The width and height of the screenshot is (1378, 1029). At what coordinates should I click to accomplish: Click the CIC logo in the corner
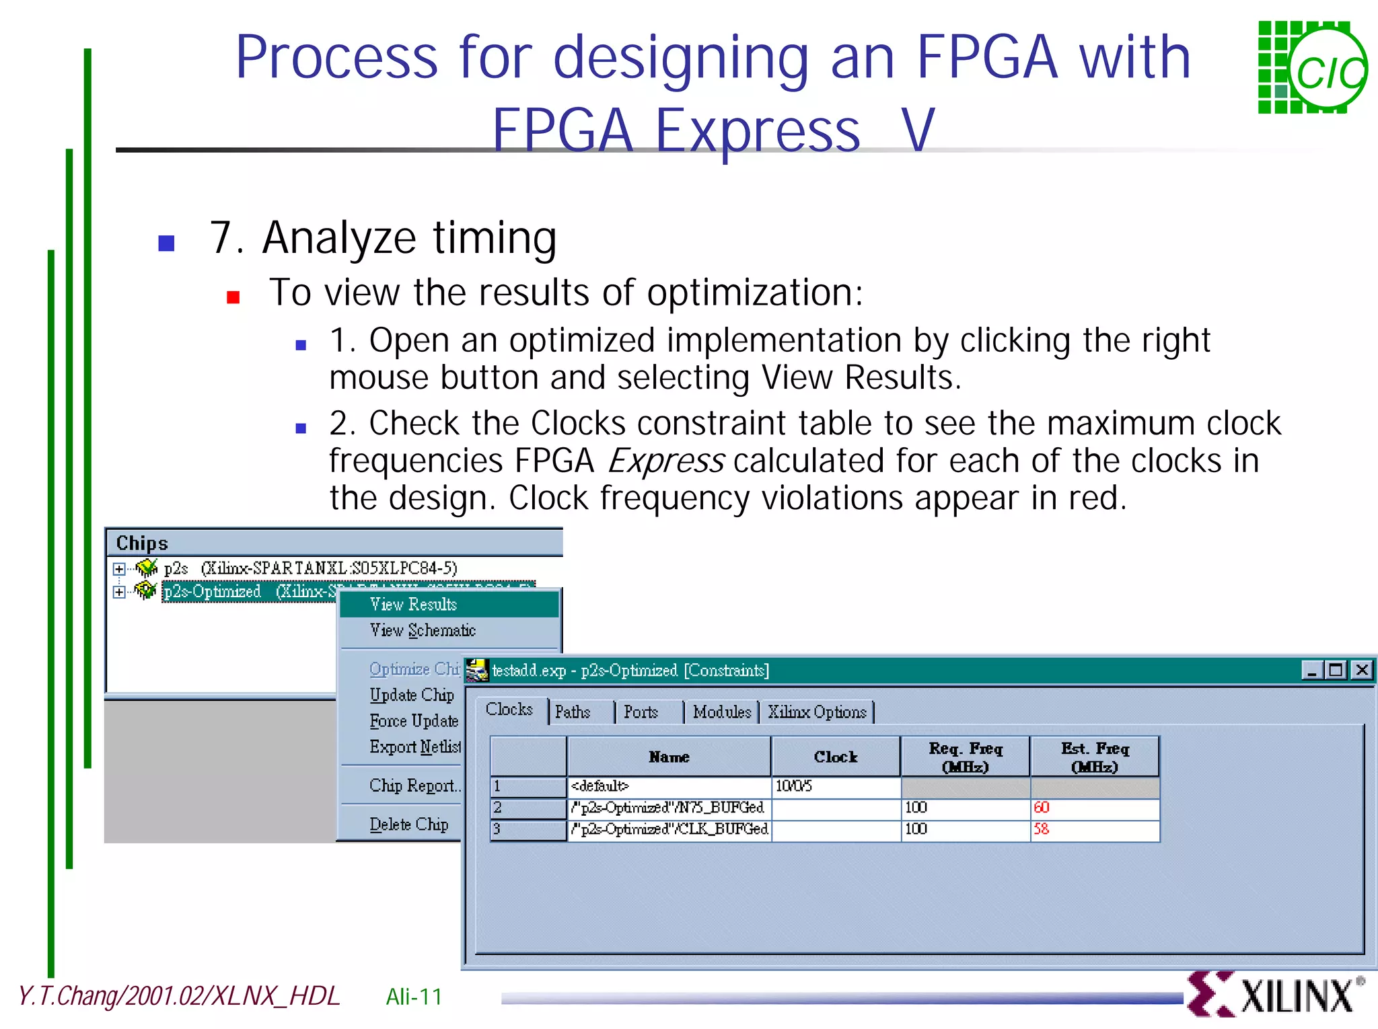tap(1312, 67)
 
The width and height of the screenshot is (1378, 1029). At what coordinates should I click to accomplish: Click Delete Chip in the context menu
tap(409, 825)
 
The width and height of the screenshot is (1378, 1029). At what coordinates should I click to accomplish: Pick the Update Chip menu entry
tap(412, 695)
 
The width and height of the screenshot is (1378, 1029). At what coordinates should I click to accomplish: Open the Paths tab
tap(573, 712)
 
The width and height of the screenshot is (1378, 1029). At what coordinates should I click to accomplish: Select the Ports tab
tap(641, 712)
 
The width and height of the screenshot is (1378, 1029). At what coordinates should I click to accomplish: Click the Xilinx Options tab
tap(817, 712)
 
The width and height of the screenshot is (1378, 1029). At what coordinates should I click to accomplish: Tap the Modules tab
tap(721, 712)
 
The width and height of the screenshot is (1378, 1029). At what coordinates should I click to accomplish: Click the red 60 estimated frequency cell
tap(1094, 808)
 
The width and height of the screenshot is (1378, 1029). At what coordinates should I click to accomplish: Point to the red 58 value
tap(1042, 829)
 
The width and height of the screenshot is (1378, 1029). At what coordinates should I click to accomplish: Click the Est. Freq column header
tap(1095, 757)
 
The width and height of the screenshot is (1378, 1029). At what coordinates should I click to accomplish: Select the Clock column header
tap(836, 757)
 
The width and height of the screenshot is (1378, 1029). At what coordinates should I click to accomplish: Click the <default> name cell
tap(669, 786)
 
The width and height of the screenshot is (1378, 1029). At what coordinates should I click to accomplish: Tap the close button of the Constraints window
tap(1362, 670)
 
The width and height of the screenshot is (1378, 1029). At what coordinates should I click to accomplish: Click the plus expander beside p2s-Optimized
tap(119, 592)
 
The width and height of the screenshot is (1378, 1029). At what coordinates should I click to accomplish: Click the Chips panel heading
tap(142, 543)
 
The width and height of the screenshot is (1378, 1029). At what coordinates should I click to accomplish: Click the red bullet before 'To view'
tap(233, 297)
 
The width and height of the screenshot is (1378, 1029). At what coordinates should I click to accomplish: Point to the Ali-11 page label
tap(414, 997)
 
